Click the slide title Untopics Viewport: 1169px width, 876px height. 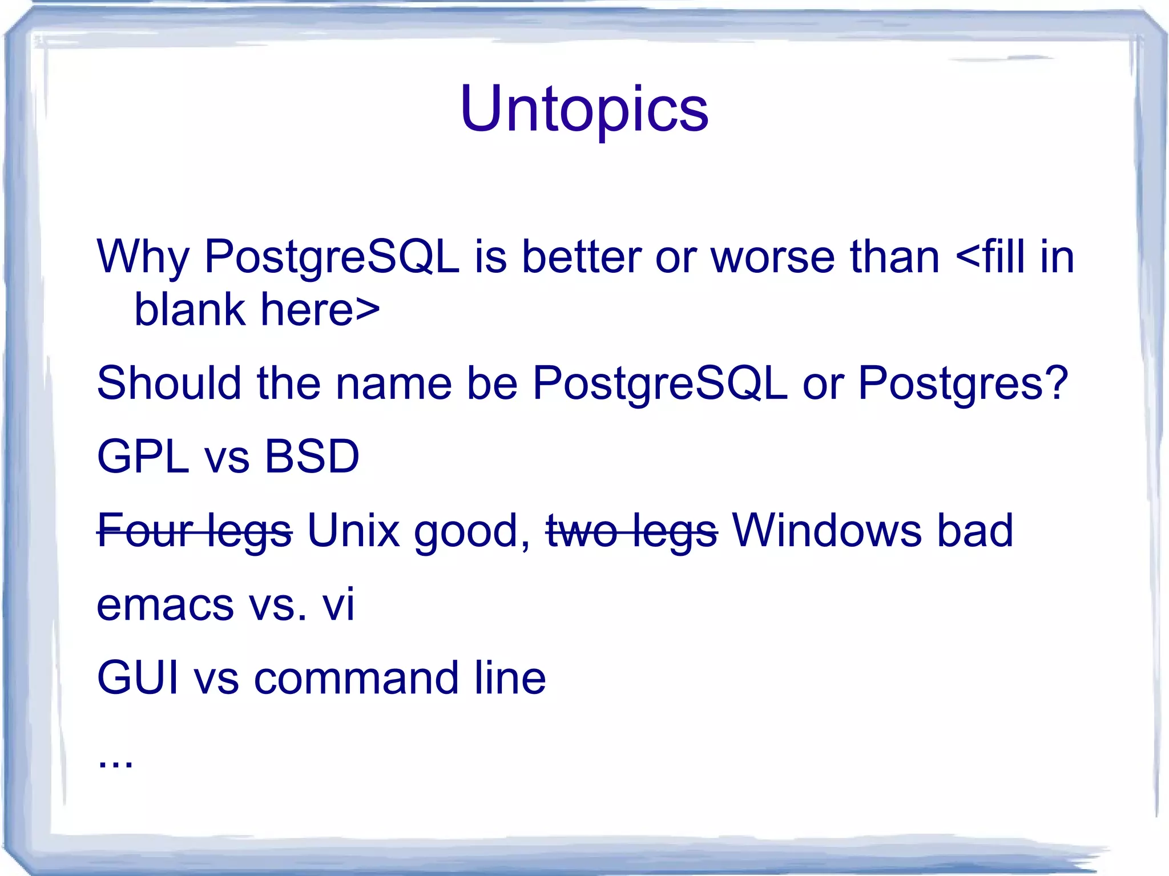click(584, 108)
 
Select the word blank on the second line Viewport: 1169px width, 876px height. click(189, 310)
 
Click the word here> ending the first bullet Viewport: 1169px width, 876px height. click(320, 310)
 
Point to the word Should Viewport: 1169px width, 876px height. click(169, 383)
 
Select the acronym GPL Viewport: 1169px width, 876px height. click(143, 457)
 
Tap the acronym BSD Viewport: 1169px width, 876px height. click(312, 457)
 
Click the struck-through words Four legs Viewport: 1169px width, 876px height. click(194, 531)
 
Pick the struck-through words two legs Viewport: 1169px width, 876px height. click(631, 531)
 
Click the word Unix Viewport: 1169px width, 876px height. click(353, 531)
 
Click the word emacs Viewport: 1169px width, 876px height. click(165, 605)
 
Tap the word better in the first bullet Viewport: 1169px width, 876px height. click(582, 257)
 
